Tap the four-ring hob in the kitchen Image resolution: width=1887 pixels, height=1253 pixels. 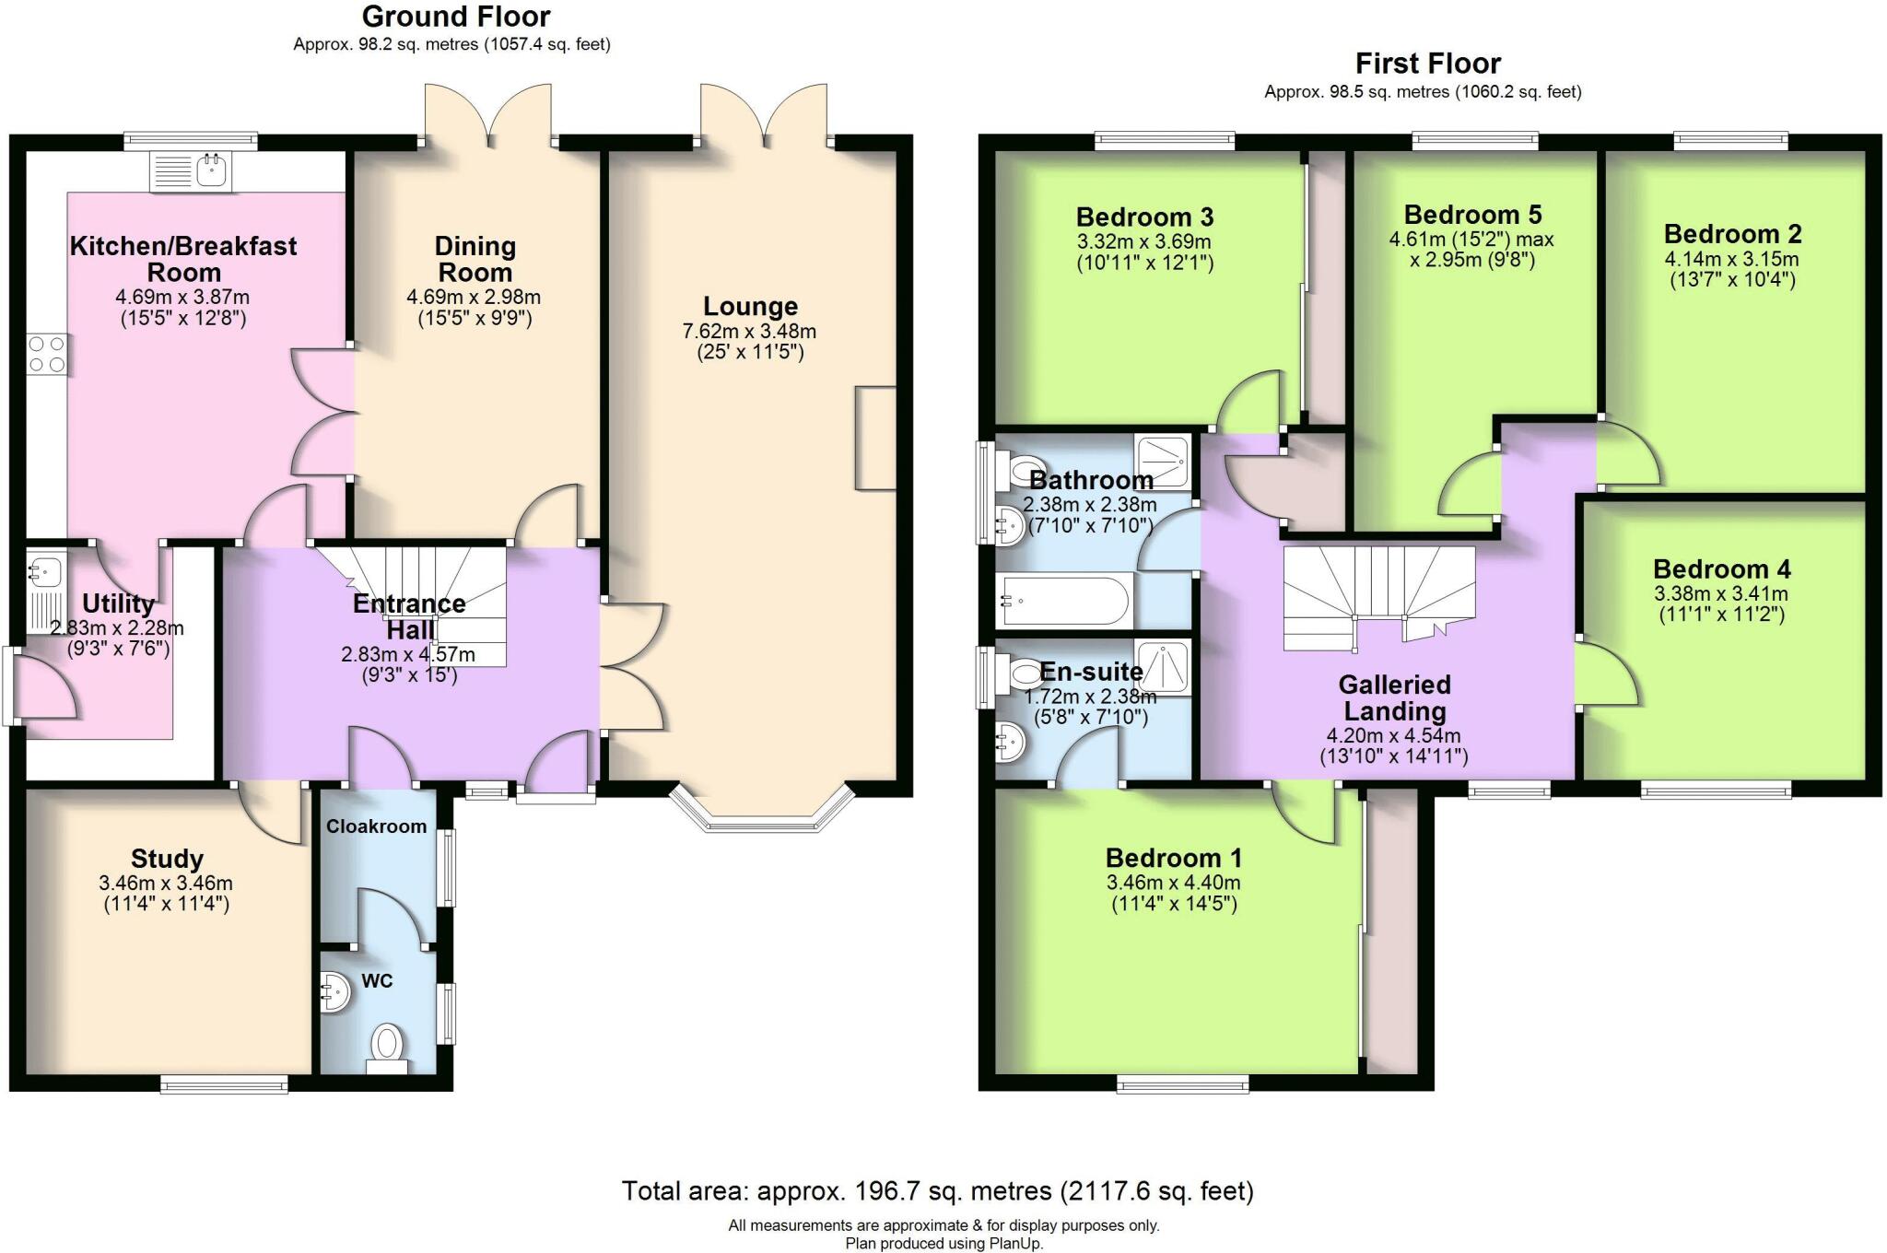click(x=47, y=354)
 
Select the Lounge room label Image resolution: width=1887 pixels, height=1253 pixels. click(x=750, y=307)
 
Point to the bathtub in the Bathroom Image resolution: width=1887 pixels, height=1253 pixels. click(x=1064, y=601)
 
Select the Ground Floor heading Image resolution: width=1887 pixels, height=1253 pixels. click(x=455, y=17)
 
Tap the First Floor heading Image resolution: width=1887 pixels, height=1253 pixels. click(x=1427, y=64)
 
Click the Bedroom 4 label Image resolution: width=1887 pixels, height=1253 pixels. click(x=1721, y=569)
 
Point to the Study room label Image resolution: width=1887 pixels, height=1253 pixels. click(x=167, y=859)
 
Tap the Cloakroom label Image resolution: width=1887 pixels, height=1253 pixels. click(x=376, y=826)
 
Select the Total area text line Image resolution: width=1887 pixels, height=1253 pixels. click(x=937, y=1191)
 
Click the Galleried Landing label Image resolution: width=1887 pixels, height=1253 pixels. click(x=1394, y=697)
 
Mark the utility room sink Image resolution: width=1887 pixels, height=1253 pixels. click(x=43, y=569)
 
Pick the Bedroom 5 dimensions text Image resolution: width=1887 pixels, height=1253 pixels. click(x=1471, y=250)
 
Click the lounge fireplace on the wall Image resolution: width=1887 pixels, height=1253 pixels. click(x=875, y=438)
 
